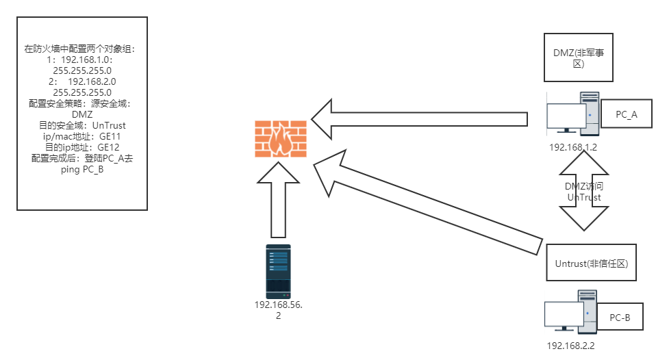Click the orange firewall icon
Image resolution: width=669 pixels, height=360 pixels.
pyautogui.click(x=281, y=138)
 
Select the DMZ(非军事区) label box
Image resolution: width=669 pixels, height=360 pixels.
pyautogui.click(x=578, y=58)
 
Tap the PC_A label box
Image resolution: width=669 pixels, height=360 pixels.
pyautogui.click(x=626, y=114)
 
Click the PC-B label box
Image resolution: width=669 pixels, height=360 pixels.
pyautogui.click(x=619, y=317)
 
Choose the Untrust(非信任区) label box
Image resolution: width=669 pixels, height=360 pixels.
pyautogui.click(x=591, y=263)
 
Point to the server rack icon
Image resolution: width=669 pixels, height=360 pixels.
pyautogui.click(x=278, y=271)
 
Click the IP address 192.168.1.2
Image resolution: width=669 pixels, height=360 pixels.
pyautogui.click(x=572, y=146)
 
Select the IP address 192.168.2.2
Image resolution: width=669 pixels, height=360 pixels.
pyautogui.click(x=570, y=346)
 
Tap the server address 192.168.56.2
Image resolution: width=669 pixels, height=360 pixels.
pyautogui.click(x=278, y=310)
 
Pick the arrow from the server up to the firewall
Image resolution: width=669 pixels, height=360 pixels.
pyautogui.click(x=278, y=205)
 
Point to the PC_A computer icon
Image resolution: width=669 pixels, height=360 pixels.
pyautogui.click(x=572, y=114)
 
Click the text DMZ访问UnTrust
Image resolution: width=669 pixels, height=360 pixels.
pyautogui.click(x=583, y=192)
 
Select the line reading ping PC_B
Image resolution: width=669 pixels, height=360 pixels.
pyautogui.click(x=82, y=169)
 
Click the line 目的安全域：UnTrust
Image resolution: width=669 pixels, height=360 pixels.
pyautogui.click(x=82, y=125)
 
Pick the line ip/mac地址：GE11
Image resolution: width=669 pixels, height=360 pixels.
pyautogui.click(x=82, y=136)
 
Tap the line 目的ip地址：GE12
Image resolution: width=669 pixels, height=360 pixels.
pyautogui.click(x=82, y=147)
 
